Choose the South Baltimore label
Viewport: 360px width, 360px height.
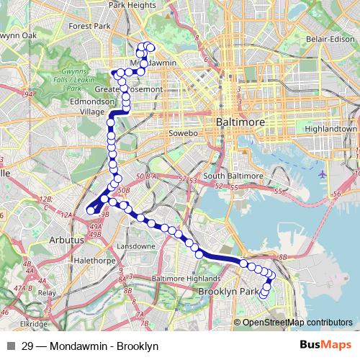234,175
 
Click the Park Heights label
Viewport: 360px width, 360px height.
132,5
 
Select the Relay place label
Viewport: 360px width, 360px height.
47,293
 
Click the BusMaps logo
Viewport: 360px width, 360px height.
320,346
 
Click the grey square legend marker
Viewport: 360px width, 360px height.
10,346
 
